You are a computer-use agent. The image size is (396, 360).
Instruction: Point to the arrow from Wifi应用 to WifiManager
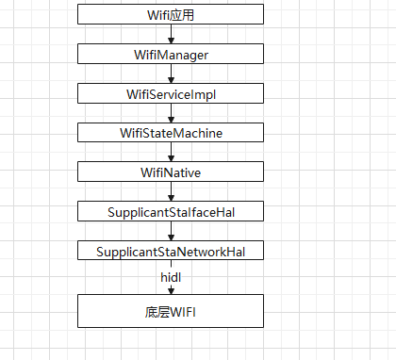pyautogui.click(x=171, y=35)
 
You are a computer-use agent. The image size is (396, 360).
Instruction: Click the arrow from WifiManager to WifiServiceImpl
pyautogui.click(x=171, y=74)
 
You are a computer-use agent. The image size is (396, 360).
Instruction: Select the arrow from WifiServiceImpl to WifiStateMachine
pyautogui.click(x=171, y=114)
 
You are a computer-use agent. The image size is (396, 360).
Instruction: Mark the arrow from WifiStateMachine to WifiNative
pyautogui.click(x=171, y=153)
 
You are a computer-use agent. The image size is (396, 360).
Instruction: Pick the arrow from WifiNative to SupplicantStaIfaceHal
pyautogui.click(x=171, y=192)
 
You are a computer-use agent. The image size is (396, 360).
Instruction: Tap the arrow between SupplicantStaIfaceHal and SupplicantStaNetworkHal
pyautogui.click(x=171, y=232)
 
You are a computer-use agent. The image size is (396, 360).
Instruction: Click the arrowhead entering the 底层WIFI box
pyautogui.click(x=171, y=290)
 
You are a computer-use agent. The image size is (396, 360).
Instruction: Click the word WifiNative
pyautogui.click(x=171, y=172)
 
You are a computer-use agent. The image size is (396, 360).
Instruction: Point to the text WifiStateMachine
pyautogui.click(x=171, y=133)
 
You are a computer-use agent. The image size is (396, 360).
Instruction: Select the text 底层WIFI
pyautogui.click(x=171, y=311)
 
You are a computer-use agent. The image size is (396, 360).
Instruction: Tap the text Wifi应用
pyautogui.click(x=171, y=15)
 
